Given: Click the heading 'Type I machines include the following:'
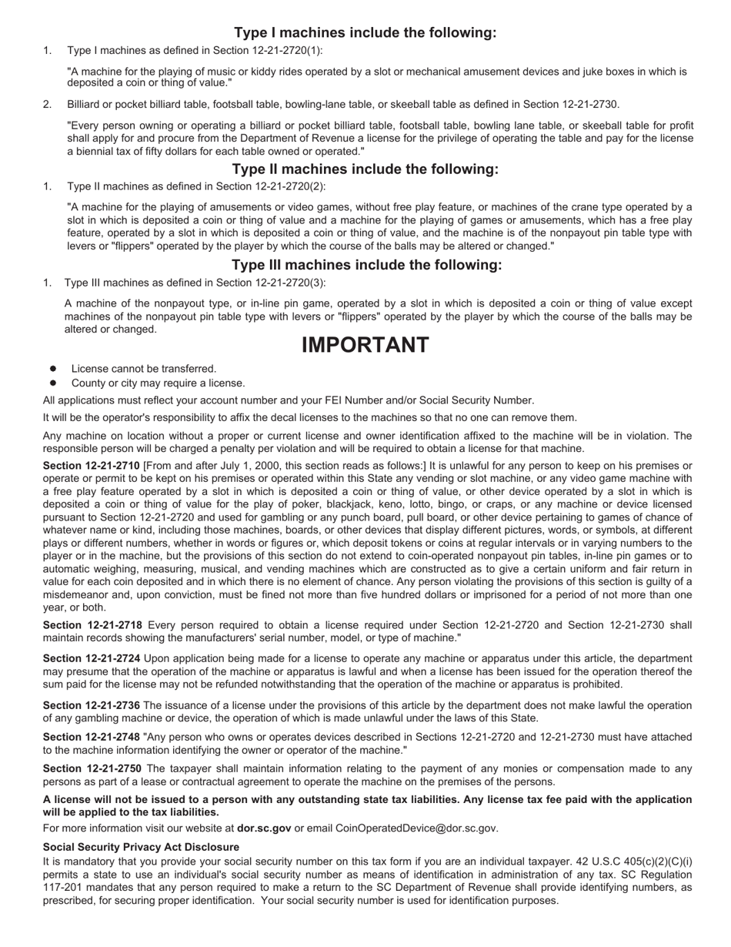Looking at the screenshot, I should click(x=365, y=32).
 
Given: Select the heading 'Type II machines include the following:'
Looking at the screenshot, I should click(x=365, y=169).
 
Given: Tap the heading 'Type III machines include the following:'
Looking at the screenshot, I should click(x=366, y=265).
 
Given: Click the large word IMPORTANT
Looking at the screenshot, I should click(x=365, y=345).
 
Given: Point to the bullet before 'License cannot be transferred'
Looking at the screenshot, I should click(x=54, y=369).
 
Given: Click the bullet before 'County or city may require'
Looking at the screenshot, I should click(x=54, y=383).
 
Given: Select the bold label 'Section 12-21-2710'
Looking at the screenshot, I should click(x=91, y=466).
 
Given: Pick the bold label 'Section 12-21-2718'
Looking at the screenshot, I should click(x=92, y=625).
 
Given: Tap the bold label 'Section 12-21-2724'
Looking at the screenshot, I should click(x=92, y=658).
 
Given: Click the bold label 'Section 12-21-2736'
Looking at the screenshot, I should click(x=92, y=705).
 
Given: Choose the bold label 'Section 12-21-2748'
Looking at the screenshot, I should click(x=92, y=737).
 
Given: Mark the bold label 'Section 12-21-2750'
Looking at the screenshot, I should click(x=92, y=768).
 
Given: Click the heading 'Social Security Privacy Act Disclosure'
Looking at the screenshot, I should click(x=141, y=847).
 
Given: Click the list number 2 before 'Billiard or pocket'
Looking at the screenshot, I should click(x=47, y=104).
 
